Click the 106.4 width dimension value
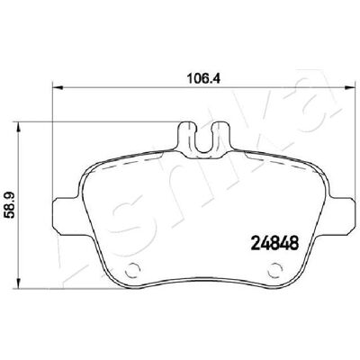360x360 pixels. pos(203,79)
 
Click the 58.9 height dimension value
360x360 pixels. pos(10,206)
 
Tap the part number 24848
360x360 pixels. pos(275,243)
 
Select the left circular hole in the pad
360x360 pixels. pos(132,270)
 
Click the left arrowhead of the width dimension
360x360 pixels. pos(58,87)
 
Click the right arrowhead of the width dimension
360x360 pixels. pos(349,87)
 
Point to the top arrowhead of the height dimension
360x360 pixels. pos(19,127)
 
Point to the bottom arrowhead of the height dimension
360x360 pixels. pos(19,283)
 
